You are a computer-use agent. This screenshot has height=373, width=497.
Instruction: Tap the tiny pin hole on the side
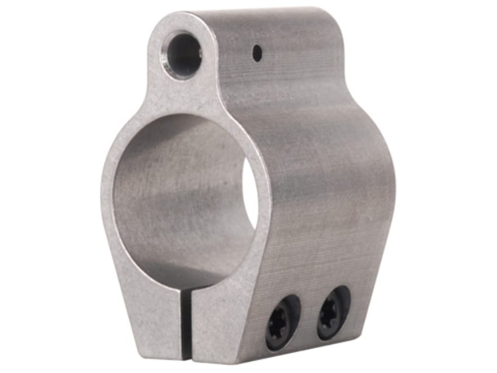pyautogui.click(x=257, y=54)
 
